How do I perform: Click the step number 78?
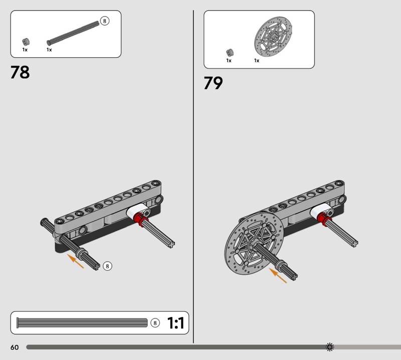(20, 72)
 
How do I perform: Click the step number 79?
(213, 83)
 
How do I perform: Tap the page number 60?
(15, 347)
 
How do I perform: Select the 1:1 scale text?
(176, 323)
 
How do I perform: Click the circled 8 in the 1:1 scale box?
(155, 323)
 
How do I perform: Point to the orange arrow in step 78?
(76, 261)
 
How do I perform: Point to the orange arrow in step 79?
(278, 276)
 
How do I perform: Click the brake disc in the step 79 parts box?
(273, 36)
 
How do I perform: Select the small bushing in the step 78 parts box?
(26, 42)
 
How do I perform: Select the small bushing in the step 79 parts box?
(230, 53)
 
